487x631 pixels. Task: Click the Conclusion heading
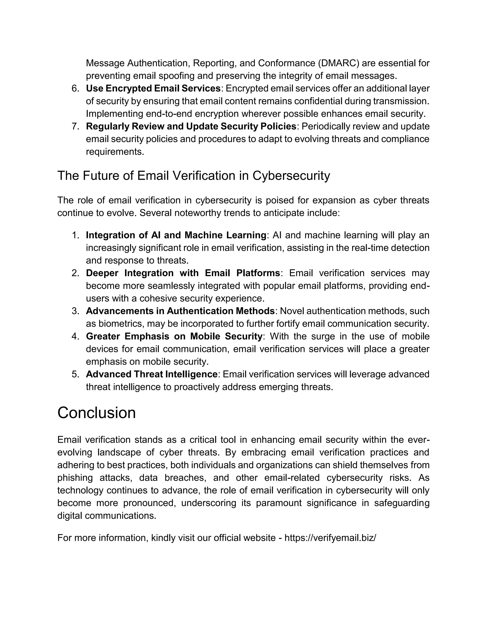96,413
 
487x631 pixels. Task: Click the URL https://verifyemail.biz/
330,538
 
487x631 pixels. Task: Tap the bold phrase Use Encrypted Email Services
153,88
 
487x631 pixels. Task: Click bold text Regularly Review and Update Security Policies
191,126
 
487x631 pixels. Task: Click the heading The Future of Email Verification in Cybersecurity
194,176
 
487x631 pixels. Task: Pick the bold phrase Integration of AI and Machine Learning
176,235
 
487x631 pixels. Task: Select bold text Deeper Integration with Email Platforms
183,273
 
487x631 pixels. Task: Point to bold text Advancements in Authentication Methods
180,311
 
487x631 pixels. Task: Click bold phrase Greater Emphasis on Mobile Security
174,336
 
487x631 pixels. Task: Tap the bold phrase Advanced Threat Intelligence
151,374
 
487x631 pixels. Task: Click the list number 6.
75,88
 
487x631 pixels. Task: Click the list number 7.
75,126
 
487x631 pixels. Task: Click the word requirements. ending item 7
115,152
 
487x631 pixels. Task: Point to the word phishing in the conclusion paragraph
75,478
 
